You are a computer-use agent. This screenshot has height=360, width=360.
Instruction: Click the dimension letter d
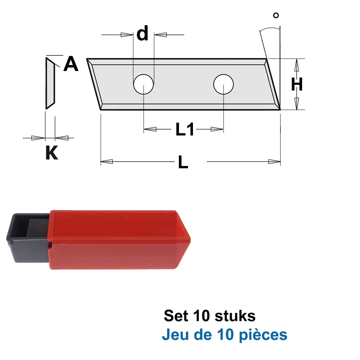[142, 33]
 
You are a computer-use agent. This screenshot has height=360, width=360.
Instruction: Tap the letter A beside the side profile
[71, 64]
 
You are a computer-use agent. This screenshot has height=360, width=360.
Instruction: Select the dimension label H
[297, 84]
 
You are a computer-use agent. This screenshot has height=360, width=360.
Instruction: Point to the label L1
[184, 129]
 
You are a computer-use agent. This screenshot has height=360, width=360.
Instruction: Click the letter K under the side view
[51, 152]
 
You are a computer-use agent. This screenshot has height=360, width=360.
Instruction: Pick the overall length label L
[183, 162]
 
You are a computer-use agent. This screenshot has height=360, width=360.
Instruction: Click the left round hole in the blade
[144, 84]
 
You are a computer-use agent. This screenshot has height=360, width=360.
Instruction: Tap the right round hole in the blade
[224, 84]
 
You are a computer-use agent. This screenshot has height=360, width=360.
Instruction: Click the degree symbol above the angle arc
[276, 15]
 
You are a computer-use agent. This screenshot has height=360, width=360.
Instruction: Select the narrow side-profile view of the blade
[50, 83]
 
